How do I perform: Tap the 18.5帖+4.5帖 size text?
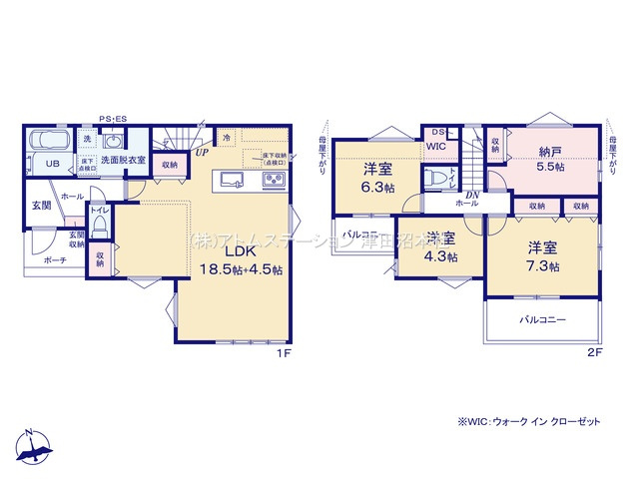(241, 269)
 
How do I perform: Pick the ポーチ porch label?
(55, 260)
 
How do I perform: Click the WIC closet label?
(435, 146)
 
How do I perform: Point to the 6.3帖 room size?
(376, 186)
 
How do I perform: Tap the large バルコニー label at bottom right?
(542, 320)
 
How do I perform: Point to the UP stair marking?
(201, 153)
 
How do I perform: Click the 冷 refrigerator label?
(227, 138)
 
